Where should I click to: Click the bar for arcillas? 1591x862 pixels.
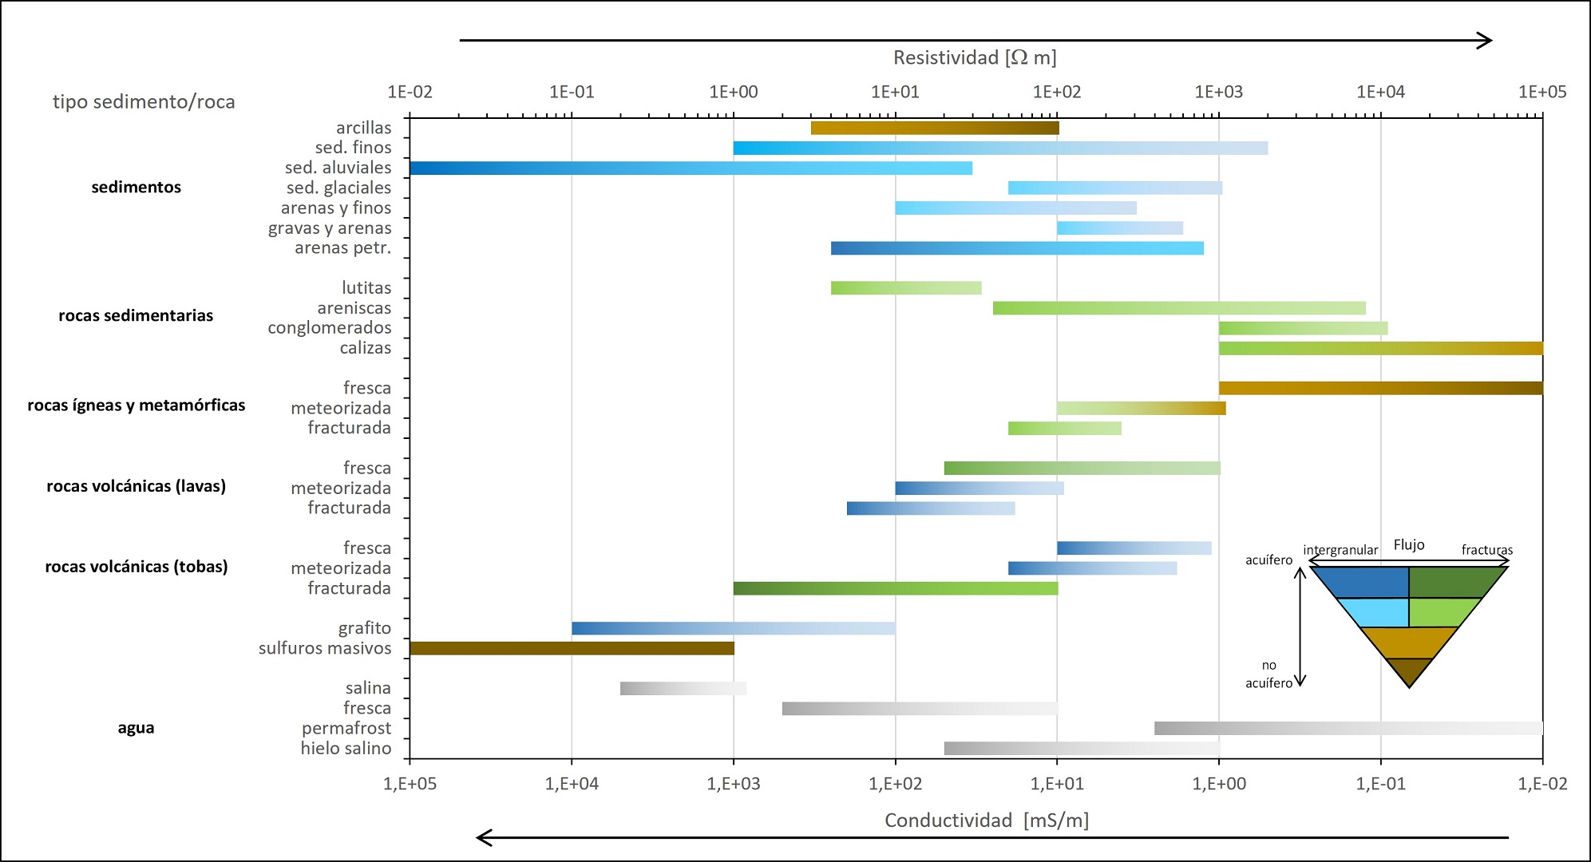(x=934, y=128)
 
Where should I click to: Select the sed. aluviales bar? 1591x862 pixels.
(x=691, y=168)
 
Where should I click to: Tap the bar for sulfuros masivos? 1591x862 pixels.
(x=572, y=648)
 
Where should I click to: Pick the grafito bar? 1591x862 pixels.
(x=733, y=628)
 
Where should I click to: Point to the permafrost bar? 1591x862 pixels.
(x=1348, y=728)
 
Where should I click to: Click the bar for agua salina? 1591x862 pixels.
(x=683, y=688)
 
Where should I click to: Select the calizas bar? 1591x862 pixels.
(x=1380, y=348)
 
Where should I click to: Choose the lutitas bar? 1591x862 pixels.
(x=905, y=288)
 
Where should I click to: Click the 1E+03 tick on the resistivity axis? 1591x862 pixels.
(x=1218, y=92)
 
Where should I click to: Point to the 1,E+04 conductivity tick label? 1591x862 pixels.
(x=572, y=784)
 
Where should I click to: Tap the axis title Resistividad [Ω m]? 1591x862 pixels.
(x=975, y=57)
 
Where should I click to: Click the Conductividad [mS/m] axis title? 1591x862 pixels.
(x=986, y=820)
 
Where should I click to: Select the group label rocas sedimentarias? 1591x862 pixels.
(x=136, y=315)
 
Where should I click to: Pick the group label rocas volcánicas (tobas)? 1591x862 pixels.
(x=136, y=567)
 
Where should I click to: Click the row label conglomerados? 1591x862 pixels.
(x=329, y=328)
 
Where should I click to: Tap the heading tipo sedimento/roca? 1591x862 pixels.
(x=144, y=102)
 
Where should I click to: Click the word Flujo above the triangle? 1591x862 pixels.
(x=1409, y=544)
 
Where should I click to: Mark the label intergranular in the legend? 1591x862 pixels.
(x=1340, y=550)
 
